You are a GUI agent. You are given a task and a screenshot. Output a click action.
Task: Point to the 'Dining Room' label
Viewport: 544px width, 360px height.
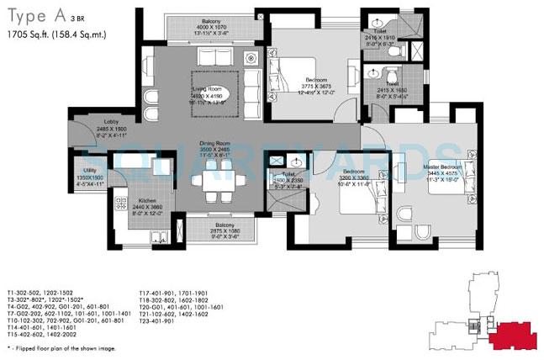(214, 143)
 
